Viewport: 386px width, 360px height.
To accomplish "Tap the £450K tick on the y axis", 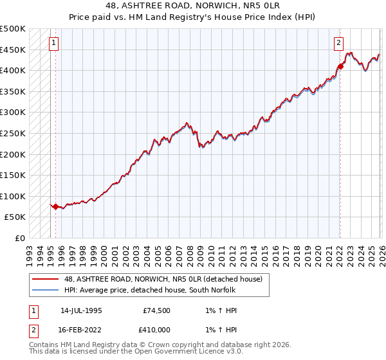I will coord(13,50).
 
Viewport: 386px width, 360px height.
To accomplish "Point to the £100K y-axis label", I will coord(13,196).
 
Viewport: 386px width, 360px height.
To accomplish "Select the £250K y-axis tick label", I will coord(13,133).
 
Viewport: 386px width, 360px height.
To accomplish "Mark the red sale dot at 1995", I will coord(56,207).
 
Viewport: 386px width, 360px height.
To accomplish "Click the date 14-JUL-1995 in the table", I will coord(81,310).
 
